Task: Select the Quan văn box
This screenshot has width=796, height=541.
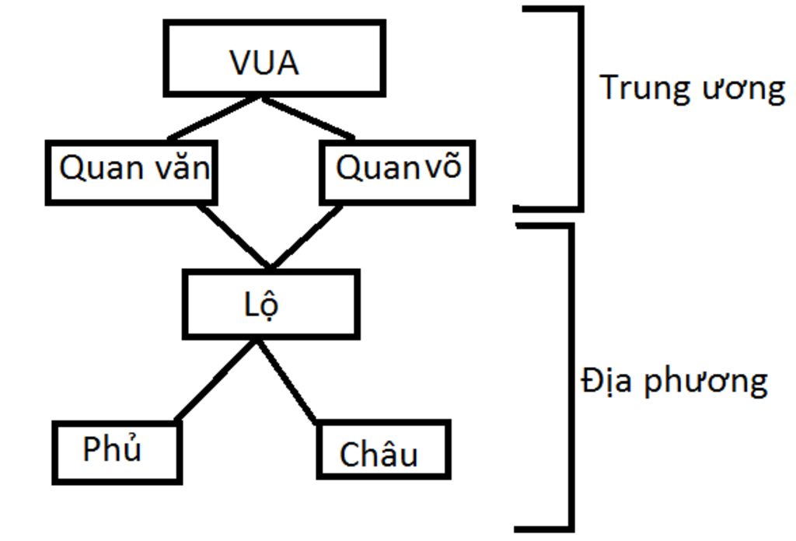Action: coord(130,172)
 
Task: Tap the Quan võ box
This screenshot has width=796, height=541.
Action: coord(397,171)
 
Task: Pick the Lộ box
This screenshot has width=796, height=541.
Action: coord(271,304)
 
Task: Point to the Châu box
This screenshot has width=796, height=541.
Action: coord(383,450)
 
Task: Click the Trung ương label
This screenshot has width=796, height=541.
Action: coord(692,88)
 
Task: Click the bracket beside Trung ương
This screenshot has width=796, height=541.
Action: coord(578,109)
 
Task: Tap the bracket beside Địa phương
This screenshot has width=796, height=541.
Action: coord(571,381)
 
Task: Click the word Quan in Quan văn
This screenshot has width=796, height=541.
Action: coord(94,169)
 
